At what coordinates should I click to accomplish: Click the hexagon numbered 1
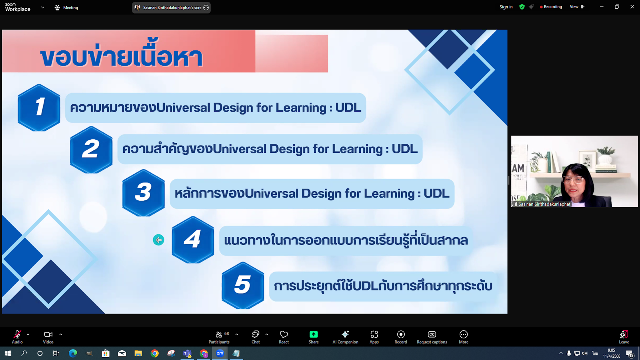coord(39,107)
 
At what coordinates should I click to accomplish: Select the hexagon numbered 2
coord(91,150)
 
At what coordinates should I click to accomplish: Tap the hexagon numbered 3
coord(144,192)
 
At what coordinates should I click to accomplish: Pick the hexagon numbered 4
coord(193,240)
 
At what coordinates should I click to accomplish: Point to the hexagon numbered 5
coord(243,285)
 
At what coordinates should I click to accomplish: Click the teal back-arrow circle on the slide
coord(158,240)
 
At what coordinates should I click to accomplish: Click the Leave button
coord(624,336)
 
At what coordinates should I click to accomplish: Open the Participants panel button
coord(219,336)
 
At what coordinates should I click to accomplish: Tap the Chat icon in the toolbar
coord(255,336)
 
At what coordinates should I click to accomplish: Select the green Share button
coord(314,336)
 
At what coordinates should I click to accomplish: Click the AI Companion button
coord(345,336)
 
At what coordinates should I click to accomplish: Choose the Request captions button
coord(432,336)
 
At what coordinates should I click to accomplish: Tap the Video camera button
coord(48,336)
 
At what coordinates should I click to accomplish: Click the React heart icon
coord(284,336)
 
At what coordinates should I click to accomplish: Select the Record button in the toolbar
coord(401,336)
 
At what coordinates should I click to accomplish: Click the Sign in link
coord(506,7)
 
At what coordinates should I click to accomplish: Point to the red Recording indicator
coord(551,7)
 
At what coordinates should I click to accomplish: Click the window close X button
coord(632,7)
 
